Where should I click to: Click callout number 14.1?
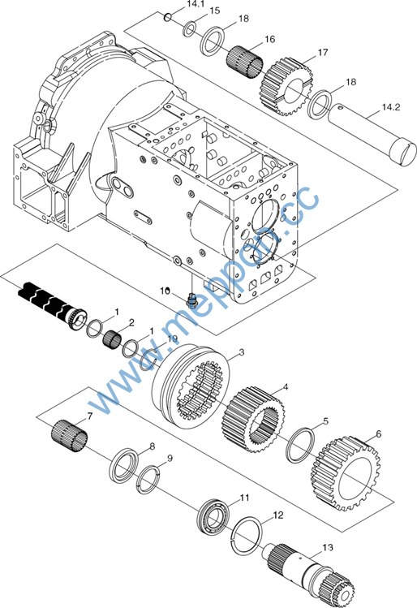pyautogui.click(x=196, y=4)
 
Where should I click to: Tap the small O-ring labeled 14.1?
pyautogui.click(x=167, y=17)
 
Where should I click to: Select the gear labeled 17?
pyautogui.click(x=287, y=87)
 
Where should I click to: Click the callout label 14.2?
pyautogui.click(x=391, y=107)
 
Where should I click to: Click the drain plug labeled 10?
pyautogui.click(x=191, y=300)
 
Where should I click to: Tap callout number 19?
pyautogui.click(x=172, y=339)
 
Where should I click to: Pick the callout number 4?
pyautogui.click(x=286, y=387)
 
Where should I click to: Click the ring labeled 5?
pyautogui.click(x=300, y=446)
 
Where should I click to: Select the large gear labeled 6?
pyautogui.click(x=346, y=474)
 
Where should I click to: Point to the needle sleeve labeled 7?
pyautogui.click(x=70, y=436)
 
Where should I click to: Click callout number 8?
pyautogui.click(x=153, y=446)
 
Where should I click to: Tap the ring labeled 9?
pyautogui.click(x=148, y=479)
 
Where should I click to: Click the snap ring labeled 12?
pyautogui.click(x=247, y=537)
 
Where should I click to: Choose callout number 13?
pyautogui.click(x=328, y=547)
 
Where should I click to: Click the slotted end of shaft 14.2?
pyautogui.click(x=403, y=153)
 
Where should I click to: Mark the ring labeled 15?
pyautogui.click(x=190, y=29)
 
